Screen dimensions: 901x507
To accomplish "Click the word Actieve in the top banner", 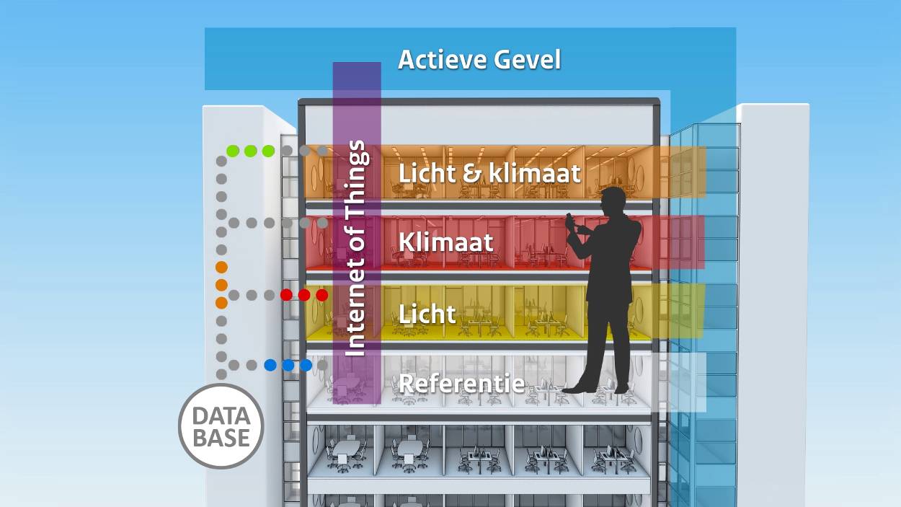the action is point(441,60).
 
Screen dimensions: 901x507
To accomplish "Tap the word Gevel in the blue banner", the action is point(527,60).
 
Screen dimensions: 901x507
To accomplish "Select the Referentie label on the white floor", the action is point(462,383).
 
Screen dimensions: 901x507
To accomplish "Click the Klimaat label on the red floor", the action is point(445,242).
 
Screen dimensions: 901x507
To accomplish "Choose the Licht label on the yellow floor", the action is point(427,314).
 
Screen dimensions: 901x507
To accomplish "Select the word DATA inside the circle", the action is point(221,416).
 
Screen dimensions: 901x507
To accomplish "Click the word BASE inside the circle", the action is point(221,438).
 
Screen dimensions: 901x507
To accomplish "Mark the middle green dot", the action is point(250,151).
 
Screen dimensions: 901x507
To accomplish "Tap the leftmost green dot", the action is point(233,151).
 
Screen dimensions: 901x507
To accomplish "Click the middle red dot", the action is point(304,295).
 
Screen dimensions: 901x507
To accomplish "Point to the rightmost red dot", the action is point(321,295).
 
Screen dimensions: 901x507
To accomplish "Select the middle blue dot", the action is point(288,365).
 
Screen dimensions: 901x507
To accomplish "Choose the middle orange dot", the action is point(221,285).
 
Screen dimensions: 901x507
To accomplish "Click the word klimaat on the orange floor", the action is point(535,173).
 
